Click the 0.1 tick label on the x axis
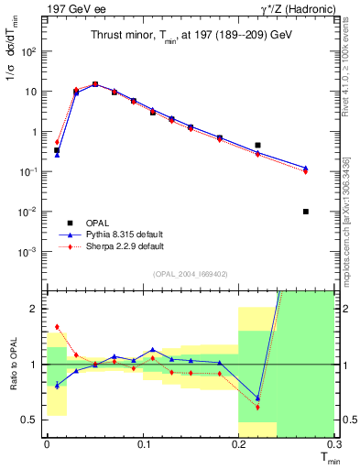pyautogui.click(x=142, y=447)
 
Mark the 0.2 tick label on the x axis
pyautogui.click(x=238, y=447)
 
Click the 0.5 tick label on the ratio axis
pyautogui.click(x=32, y=420)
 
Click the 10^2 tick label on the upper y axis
pyautogui.click(x=31, y=52)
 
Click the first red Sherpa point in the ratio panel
pyautogui.click(x=57, y=326)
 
